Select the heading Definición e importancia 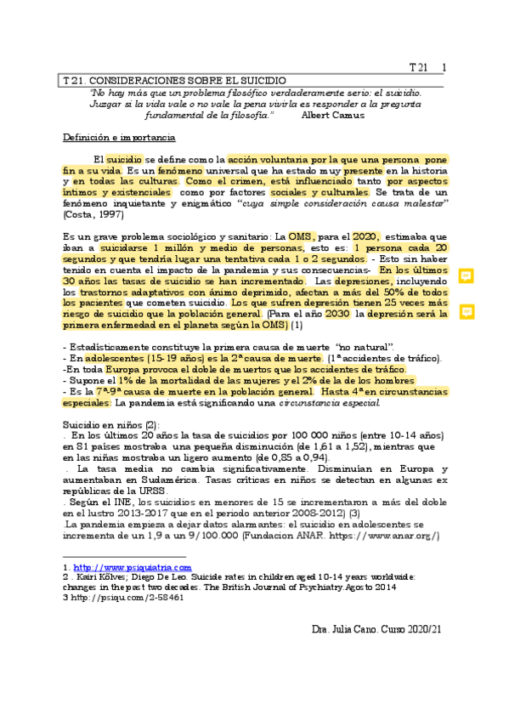[x=119, y=137]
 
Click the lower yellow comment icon [x=467, y=312]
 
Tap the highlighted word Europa [x=127, y=370]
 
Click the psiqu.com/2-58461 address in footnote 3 [x=133, y=597]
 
